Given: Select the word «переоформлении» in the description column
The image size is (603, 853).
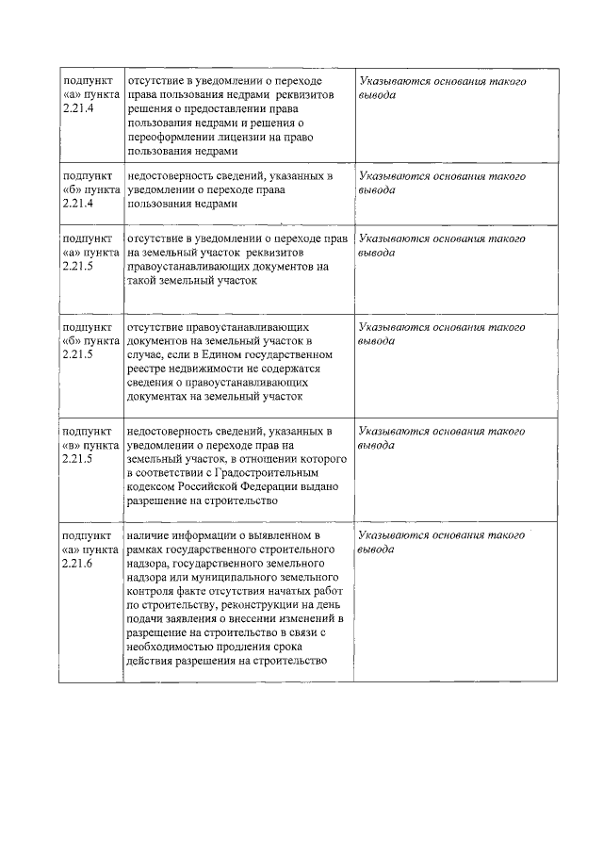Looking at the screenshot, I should click(x=172, y=137).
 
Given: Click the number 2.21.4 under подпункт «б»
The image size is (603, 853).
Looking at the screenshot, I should click(x=77, y=203).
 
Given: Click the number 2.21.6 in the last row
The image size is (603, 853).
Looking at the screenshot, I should click(x=77, y=563).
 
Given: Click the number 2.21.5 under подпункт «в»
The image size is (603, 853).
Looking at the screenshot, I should click(x=77, y=459).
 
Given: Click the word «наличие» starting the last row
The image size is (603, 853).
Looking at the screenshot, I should click(x=145, y=535).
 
